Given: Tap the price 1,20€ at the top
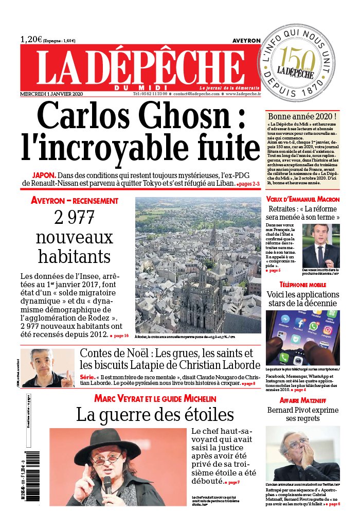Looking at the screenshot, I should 31,39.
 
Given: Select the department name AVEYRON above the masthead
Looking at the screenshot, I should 246,40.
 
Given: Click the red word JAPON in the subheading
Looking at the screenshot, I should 44,174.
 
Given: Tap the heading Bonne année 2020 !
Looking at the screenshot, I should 302,117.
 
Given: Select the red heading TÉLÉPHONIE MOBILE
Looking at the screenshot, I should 303,285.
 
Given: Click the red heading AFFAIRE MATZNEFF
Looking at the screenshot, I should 303,400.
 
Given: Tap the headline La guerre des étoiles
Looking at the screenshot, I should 155,414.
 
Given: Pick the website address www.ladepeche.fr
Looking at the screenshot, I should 242,94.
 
